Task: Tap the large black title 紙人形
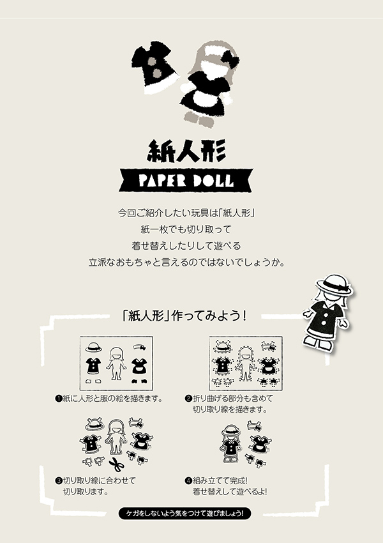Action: [x=191, y=151]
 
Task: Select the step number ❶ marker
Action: [x=58, y=399]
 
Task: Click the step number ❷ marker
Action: [x=188, y=399]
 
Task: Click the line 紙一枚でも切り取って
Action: [x=191, y=228]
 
